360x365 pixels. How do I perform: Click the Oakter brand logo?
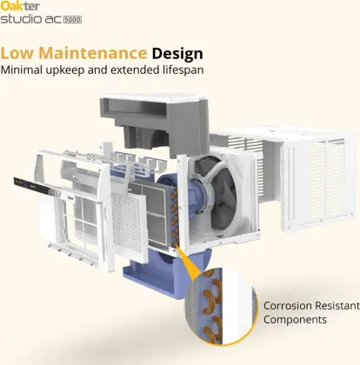point(20,5)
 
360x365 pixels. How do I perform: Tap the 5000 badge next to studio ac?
point(72,19)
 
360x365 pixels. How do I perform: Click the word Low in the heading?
point(17,53)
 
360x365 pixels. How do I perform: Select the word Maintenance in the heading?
point(93,53)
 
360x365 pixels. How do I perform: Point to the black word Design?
point(177,54)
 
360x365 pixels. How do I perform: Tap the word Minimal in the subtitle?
point(22,70)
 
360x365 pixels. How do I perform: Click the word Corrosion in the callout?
point(288,306)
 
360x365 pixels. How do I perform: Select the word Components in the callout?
point(295,320)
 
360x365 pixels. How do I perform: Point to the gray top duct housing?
point(154,122)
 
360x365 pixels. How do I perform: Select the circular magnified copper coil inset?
point(221,306)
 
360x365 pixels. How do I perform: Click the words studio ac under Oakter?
point(30,19)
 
